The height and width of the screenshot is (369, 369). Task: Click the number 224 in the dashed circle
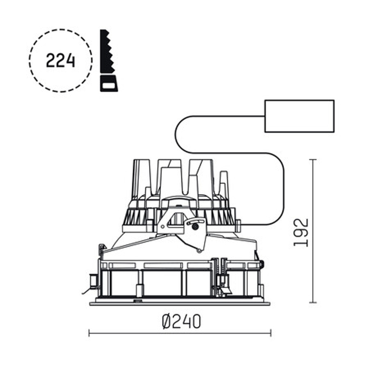coord(61,61)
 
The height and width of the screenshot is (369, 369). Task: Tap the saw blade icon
coord(106,51)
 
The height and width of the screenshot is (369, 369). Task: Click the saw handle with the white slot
coord(109,83)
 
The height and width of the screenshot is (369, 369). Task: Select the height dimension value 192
coord(301,232)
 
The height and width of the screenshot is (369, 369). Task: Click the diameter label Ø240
coord(181,322)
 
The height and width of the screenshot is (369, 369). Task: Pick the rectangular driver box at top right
coord(299,116)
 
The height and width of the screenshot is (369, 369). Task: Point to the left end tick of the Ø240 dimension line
coord(89,333)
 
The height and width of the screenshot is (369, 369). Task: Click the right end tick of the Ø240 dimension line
coord(271,333)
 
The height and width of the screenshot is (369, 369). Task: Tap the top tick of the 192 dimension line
coord(313,160)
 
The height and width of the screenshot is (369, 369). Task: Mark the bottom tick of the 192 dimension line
coord(313,303)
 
